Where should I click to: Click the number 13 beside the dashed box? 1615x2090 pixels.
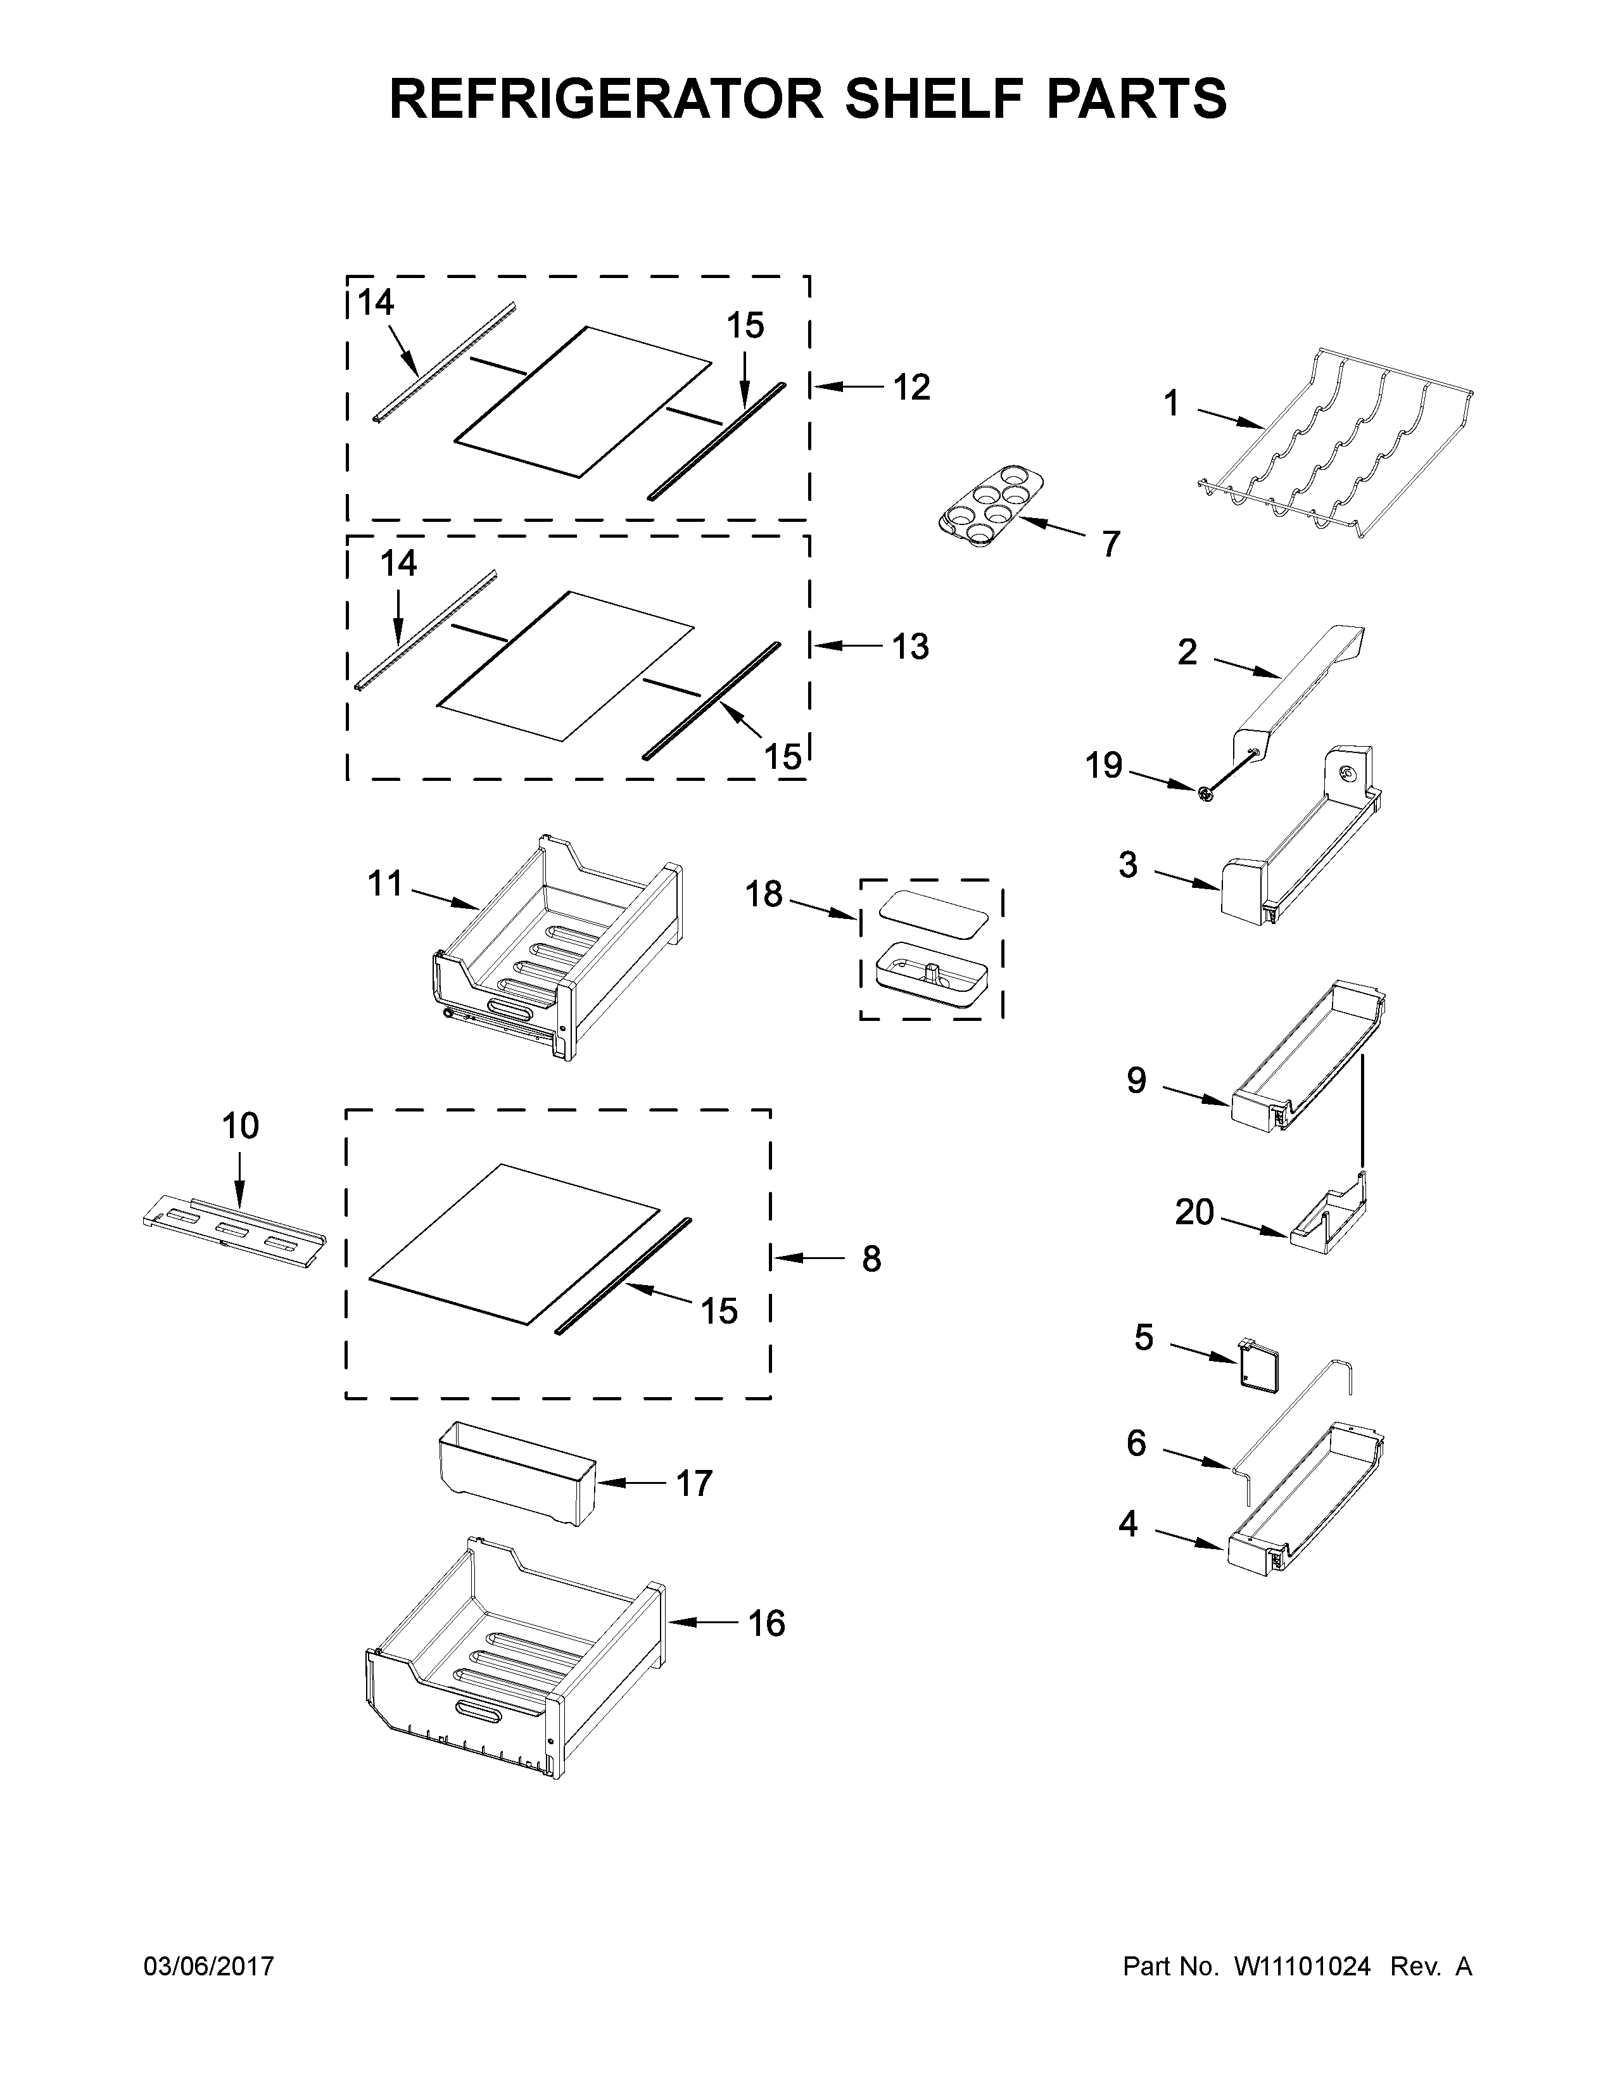click(x=911, y=647)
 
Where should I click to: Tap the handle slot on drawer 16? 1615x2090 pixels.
click(x=483, y=1712)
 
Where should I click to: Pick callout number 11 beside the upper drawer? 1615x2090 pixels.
click(x=386, y=883)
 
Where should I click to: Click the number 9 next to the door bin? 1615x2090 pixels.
click(x=1136, y=1080)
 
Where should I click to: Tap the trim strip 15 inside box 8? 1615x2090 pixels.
click(x=622, y=1277)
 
